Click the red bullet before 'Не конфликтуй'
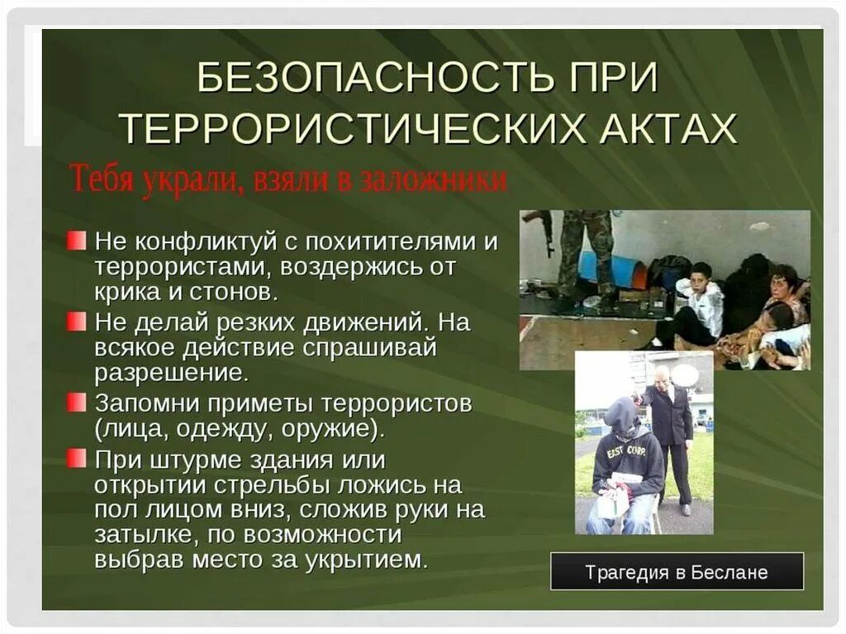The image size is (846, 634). [x=77, y=241]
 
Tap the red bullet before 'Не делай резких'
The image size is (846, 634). [x=77, y=320]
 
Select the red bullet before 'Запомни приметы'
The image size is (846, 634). [x=77, y=403]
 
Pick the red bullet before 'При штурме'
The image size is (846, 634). [x=77, y=457]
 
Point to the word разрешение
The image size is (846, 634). [x=171, y=372]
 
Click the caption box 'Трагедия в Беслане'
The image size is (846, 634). [x=677, y=571]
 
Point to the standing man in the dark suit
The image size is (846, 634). [x=669, y=430]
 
